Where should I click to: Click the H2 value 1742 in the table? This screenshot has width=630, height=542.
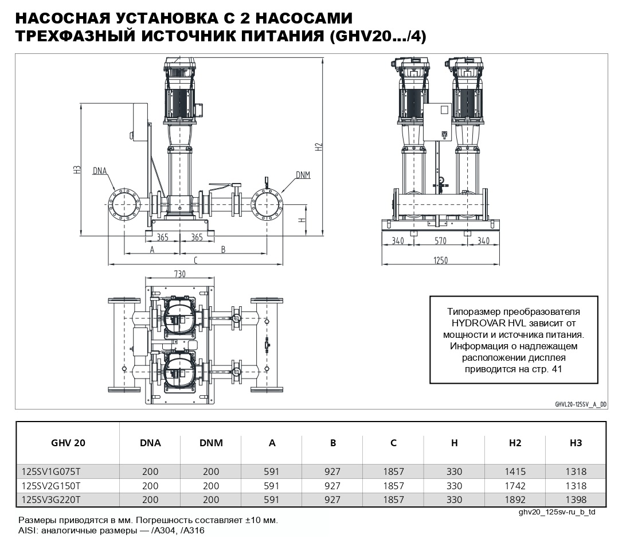(514, 486)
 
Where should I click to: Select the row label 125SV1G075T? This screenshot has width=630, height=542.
(51, 472)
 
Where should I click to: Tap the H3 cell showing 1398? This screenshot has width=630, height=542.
(575, 500)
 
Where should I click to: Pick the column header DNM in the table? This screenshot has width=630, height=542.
(211, 443)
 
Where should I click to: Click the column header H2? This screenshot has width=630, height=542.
(514, 443)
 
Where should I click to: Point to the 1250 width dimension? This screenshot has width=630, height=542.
(440, 260)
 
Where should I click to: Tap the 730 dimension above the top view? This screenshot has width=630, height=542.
(180, 275)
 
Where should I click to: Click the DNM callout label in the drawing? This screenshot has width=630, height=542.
(303, 174)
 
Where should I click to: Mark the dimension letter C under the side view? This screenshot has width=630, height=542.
(195, 260)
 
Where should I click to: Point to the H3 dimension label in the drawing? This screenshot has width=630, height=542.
(76, 169)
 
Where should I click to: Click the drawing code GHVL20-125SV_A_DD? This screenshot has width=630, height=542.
(580, 404)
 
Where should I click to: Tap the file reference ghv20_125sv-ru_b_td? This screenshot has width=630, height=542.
(556, 511)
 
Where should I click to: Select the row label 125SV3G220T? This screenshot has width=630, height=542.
(51, 500)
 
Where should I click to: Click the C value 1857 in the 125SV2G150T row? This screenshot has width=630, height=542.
(393, 486)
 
